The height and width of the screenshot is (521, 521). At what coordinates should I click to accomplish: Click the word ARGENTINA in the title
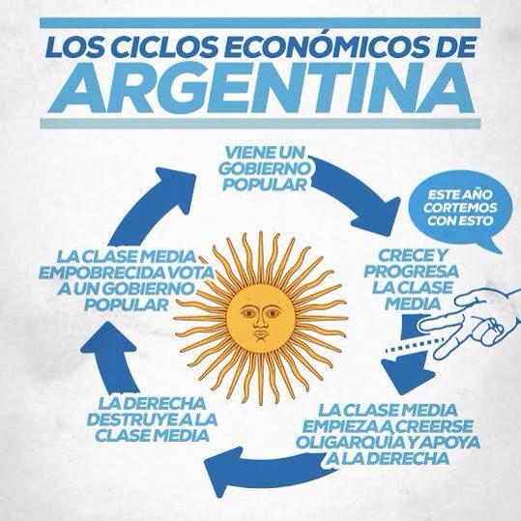(261, 89)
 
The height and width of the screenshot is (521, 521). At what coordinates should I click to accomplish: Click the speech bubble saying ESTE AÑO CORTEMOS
(461, 209)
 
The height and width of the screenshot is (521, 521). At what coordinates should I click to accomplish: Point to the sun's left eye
(248, 313)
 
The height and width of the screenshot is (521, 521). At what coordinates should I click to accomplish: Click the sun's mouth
(261, 334)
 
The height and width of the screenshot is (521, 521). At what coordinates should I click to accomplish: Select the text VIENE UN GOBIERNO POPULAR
(266, 169)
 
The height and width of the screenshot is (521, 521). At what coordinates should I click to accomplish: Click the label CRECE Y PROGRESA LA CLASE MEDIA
(412, 279)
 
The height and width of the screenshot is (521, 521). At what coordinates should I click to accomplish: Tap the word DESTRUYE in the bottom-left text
(128, 420)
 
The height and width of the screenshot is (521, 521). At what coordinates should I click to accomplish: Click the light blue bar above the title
(261, 23)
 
